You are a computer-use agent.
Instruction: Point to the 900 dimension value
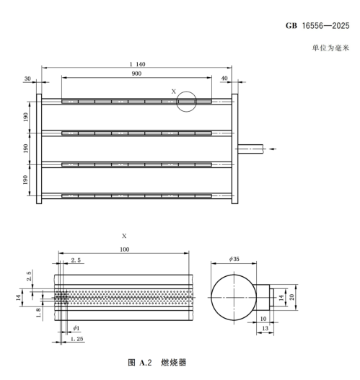point(136,74)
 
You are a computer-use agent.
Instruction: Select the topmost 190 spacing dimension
point(27,117)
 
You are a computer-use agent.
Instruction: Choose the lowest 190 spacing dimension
point(27,179)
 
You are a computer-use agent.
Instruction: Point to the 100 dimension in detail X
point(124,249)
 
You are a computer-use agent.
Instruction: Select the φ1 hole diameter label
point(76,328)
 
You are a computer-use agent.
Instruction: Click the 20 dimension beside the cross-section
point(293,296)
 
